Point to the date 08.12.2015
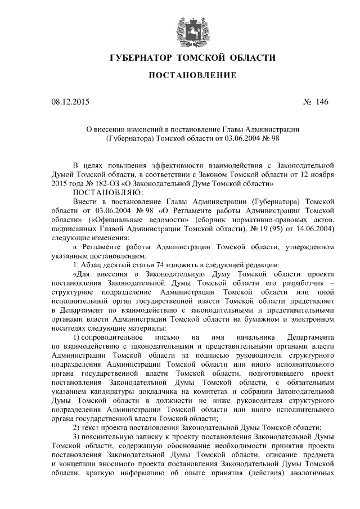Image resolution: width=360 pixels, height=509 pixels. tap(69, 102)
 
